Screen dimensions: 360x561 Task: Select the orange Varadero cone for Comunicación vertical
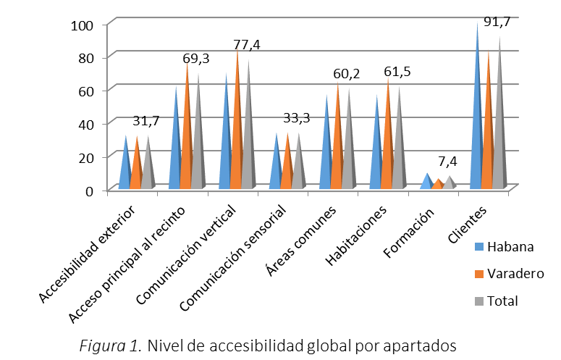pyautogui.click(x=237, y=138)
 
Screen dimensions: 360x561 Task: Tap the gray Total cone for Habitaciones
pyautogui.click(x=397, y=152)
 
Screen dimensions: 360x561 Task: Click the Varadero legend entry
pyautogui.click(x=515, y=273)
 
